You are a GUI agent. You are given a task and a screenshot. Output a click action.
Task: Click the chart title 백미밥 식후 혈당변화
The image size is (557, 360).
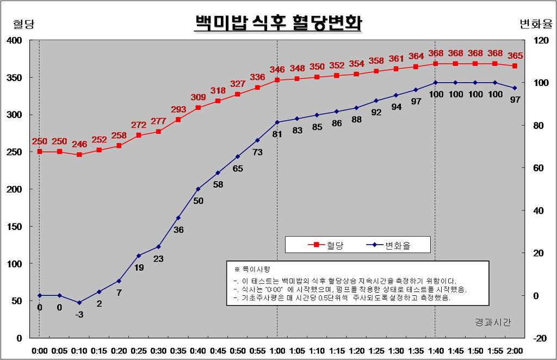tap(278, 23)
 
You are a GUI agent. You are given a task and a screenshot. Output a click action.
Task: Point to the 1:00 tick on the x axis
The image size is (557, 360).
tap(277, 350)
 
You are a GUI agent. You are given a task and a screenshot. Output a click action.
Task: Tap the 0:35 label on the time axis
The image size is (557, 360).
tap(178, 350)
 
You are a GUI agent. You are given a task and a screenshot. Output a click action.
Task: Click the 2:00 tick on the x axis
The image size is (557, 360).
tap(514, 350)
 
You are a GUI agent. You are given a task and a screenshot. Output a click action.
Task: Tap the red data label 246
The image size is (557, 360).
tap(79, 145)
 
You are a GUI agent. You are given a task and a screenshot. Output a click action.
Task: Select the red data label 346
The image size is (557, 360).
tap(277, 70)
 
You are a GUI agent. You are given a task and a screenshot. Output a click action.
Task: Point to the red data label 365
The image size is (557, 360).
tap(515, 55)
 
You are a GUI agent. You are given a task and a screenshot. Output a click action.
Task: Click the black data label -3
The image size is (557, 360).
tap(79, 314)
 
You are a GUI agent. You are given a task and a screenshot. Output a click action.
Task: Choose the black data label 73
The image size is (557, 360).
tap(257, 152)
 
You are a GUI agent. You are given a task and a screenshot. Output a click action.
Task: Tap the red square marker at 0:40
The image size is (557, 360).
tap(198, 108)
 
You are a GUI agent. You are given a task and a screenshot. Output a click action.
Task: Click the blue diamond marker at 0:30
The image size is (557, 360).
tap(158, 247)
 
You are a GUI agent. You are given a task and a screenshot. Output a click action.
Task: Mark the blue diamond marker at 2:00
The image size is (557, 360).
tap(515, 88)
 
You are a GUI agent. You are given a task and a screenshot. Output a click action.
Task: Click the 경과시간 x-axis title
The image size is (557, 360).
tap(493, 322)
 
